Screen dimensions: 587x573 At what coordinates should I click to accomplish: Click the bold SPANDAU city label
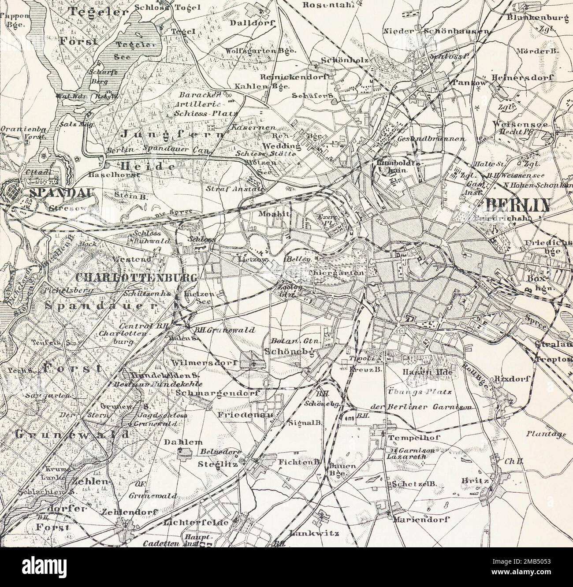pos(50,193)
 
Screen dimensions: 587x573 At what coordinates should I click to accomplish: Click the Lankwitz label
pos(314,533)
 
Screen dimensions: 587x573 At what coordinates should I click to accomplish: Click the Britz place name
pos(475,480)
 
